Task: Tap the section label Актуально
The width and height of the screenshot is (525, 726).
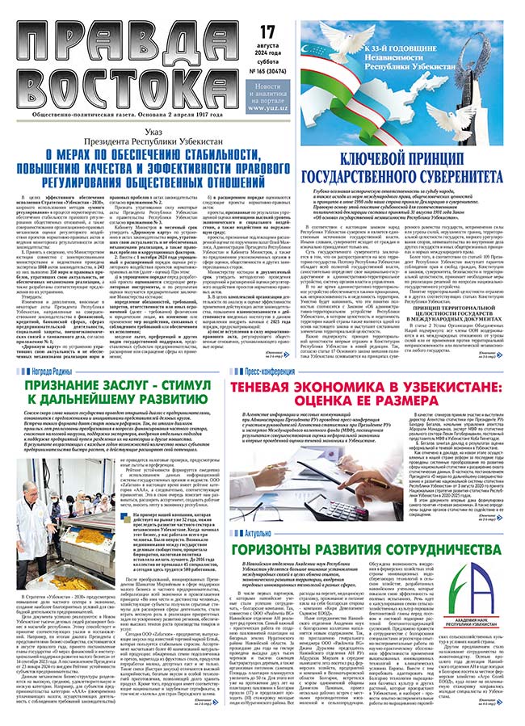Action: pos(252,534)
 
